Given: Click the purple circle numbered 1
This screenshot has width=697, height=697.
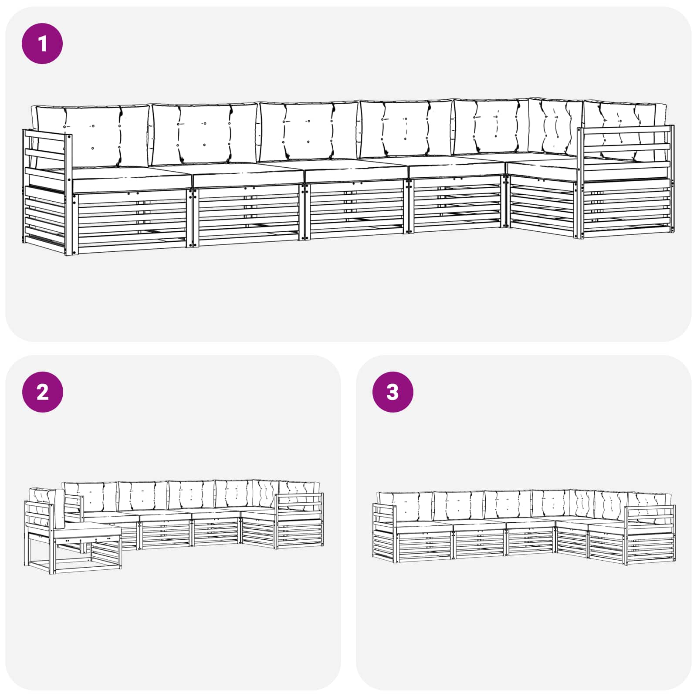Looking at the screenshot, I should coord(42,44).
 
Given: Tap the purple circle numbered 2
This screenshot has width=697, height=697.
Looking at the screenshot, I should coord(42,392).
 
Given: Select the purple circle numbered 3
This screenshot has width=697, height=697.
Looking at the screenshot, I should coord(392,392).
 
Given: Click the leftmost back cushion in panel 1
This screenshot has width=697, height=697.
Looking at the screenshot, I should coord(92,136).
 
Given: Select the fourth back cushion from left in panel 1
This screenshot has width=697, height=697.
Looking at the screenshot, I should coord(405,129).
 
